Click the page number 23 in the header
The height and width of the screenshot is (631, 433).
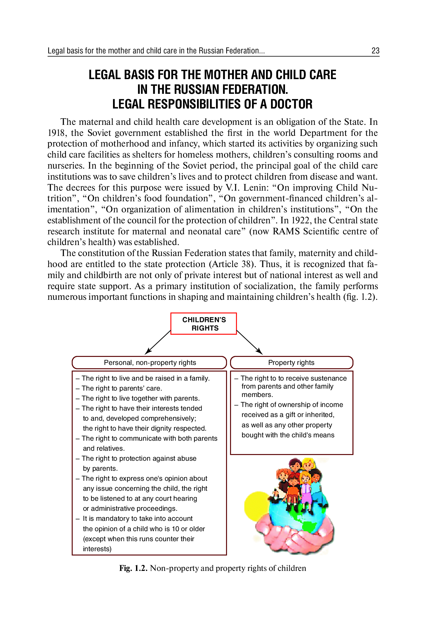pos(375,51)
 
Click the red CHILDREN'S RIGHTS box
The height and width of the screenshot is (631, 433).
pos(204,324)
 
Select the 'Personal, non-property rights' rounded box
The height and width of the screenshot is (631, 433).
pos(149,363)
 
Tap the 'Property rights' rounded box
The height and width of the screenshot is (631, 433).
pos(291,363)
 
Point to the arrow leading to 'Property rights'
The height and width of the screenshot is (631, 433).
pos(249,342)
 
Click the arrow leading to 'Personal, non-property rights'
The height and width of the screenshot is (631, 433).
pos(158,342)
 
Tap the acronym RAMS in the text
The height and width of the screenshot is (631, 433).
pos(286,231)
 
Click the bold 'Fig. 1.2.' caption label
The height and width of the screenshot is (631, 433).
pos(133,568)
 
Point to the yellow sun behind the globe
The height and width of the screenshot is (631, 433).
pos(255,506)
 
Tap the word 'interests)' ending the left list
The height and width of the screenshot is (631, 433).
pos(97,549)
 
